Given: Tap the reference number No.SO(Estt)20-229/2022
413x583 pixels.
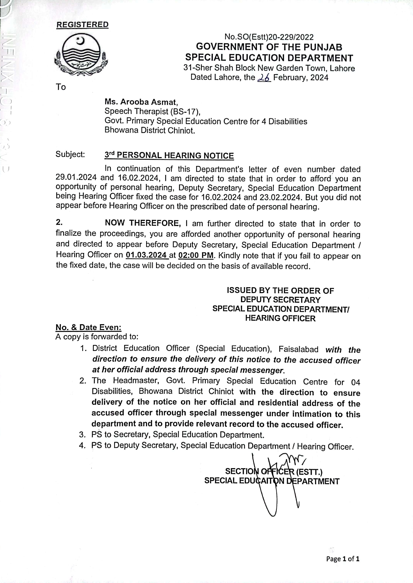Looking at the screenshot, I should click(269, 37).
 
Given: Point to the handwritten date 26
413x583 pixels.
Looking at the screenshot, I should click(264, 78).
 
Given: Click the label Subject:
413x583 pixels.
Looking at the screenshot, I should click(70, 154).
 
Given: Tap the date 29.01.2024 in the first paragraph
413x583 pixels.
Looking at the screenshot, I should click(76, 177).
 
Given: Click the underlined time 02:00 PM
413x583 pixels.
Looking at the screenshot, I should click(196, 255).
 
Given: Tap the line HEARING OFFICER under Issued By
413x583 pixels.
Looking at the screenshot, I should click(280, 318).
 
